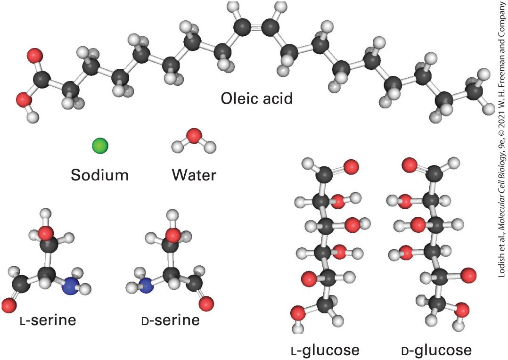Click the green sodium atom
pyautogui.click(x=100, y=137)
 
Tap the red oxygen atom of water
pyautogui.click(x=194, y=127)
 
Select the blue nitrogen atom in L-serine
pyautogui.click(x=71, y=286)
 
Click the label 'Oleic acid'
pyautogui.click(x=256, y=98)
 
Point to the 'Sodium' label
pyautogui.click(x=100, y=175)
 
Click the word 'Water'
pyautogui.click(x=194, y=175)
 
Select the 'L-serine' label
pyautogui.click(x=48, y=320)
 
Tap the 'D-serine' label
pyautogui.click(x=171, y=320)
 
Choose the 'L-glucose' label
pyautogui.click(x=325, y=350)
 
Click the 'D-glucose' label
pyautogui.click(x=436, y=350)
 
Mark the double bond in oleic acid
pyautogui.click(x=256, y=28)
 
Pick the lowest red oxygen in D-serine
pyautogui.click(x=206, y=304)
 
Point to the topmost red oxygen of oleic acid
pyautogui.click(x=35, y=56)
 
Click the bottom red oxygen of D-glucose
pyautogui.click(x=462, y=310)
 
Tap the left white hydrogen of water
pyautogui.click(x=178, y=138)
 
